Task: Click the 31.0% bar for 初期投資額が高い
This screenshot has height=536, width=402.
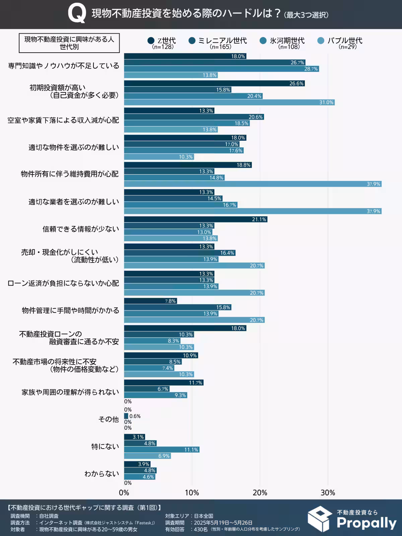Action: [229, 103]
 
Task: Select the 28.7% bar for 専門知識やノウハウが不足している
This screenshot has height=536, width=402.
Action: [221, 69]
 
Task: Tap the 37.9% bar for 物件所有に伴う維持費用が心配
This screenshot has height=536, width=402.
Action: [253, 184]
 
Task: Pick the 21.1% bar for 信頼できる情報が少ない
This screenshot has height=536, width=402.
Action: [196, 219]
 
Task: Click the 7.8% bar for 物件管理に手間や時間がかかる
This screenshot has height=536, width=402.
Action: [150, 301]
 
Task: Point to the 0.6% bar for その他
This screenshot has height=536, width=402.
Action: [126, 416]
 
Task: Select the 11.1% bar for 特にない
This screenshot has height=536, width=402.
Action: [162, 450]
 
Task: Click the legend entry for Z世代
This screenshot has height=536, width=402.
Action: [162, 41]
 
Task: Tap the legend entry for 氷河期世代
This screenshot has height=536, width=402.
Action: [282, 41]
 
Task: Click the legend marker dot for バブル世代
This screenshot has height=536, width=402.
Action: [321, 41]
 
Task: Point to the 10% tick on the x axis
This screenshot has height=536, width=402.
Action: [192, 493]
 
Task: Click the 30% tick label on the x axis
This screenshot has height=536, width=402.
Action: [328, 493]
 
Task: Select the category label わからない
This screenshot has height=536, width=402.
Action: [102, 474]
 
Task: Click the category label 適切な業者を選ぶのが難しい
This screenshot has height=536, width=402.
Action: [74, 202]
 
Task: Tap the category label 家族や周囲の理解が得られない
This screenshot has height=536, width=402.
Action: [70, 392]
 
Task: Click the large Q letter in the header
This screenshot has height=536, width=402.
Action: [76, 14]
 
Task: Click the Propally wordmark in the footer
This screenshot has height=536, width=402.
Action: [366, 523]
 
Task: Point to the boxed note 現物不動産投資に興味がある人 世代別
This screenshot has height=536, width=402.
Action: [69, 43]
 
